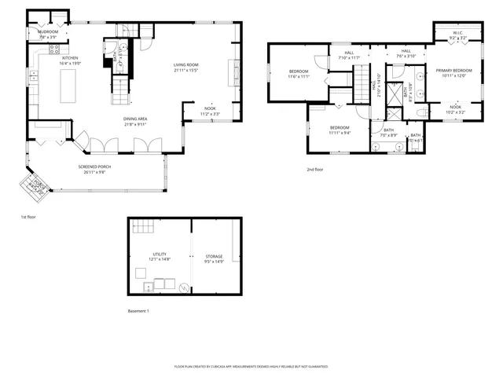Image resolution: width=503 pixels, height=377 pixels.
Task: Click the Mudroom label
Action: (48, 31)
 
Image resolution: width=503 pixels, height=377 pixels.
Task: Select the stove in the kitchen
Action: (56, 48)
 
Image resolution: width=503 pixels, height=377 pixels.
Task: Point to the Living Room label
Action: (185, 65)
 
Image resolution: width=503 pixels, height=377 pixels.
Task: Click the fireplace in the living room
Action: (230, 75)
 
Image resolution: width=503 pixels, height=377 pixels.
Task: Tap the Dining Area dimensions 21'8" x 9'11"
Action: (135, 124)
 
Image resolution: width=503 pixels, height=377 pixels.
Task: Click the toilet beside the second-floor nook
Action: (421, 112)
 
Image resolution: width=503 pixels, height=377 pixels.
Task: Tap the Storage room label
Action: (215, 257)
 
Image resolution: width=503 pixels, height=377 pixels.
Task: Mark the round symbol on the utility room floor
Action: (184, 288)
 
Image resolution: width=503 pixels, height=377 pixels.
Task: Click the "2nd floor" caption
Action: (315, 169)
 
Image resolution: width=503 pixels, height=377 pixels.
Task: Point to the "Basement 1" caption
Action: (138, 311)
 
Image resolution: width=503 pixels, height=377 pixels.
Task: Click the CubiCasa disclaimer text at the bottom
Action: (251, 366)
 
